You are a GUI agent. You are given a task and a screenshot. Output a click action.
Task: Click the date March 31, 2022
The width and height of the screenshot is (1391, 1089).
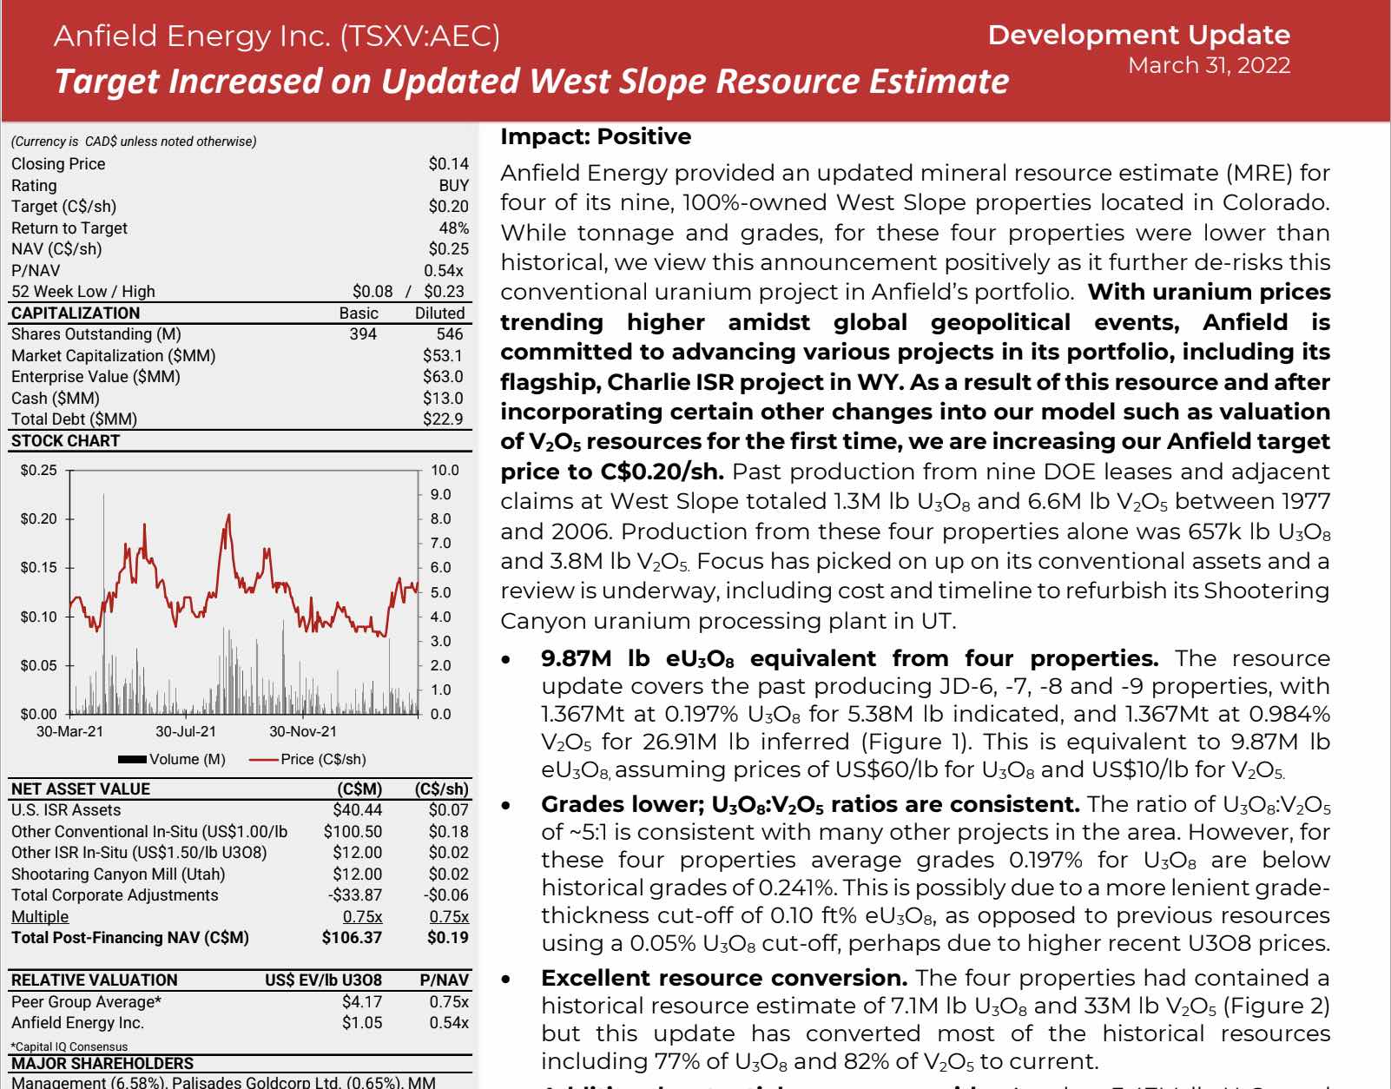click(1209, 66)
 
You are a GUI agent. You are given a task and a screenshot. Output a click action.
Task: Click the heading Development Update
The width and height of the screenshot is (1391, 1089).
click(1138, 35)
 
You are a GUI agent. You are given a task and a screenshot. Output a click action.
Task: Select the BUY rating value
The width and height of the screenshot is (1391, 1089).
click(453, 185)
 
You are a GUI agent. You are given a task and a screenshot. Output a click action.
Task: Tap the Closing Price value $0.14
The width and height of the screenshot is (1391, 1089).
click(448, 163)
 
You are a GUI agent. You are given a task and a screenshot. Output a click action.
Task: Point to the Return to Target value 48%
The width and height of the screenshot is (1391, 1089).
click(454, 228)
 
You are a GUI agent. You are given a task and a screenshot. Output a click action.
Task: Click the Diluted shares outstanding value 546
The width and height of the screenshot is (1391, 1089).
click(450, 333)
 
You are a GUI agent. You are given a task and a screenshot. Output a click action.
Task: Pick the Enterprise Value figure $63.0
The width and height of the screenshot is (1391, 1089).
click(443, 376)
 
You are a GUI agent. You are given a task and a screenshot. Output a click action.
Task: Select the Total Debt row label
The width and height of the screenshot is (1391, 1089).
click(74, 419)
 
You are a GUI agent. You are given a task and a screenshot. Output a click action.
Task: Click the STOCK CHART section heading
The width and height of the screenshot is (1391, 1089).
click(65, 440)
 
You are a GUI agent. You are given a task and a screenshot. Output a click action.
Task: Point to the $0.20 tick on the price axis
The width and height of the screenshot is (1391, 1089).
click(38, 518)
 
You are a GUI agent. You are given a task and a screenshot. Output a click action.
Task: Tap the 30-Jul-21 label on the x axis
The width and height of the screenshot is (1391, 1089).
click(186, 731)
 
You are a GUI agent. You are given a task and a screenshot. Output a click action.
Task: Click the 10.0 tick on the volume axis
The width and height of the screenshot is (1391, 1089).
click(445, 470)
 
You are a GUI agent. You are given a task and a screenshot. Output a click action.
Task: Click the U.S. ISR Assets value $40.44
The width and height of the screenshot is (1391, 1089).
click(357, 809)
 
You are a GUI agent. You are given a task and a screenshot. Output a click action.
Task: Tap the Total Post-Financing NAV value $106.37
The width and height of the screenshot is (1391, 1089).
click(352, 937)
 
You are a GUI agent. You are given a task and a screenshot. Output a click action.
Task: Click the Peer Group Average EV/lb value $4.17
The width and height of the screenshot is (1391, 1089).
click(362, 1001)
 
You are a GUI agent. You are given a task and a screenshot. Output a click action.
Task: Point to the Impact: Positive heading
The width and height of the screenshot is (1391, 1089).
click(596, 136)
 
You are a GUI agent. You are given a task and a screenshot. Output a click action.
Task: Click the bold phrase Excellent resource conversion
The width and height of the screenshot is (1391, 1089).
click(724, 978)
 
